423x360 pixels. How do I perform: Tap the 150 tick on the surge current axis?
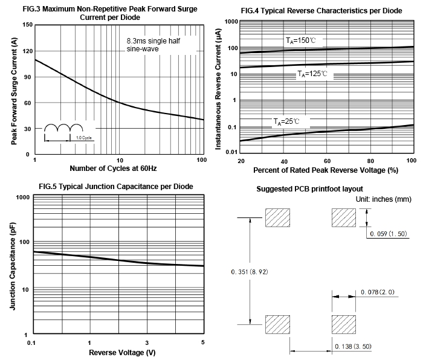pos(27,25)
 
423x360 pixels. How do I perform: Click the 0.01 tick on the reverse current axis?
pos(231,152)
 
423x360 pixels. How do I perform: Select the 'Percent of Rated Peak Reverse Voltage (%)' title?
pos(327,170)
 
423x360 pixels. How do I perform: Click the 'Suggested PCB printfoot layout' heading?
pos(310,189)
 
